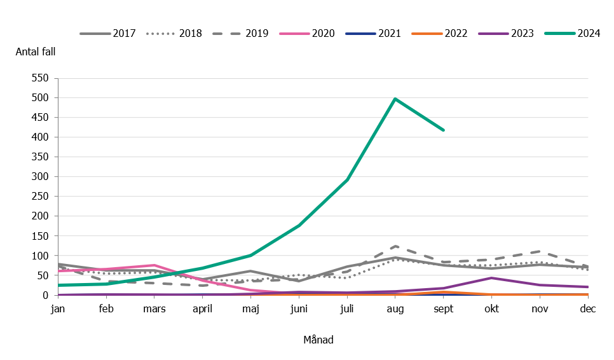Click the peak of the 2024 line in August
[395, 99]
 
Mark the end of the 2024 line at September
[444, 130]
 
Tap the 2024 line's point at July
[347, 179]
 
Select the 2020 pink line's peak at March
[154, 265]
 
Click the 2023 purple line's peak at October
[491, 278]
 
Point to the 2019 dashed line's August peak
[395, 246]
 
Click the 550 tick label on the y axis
[39, 78]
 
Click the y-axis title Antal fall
[36, 52]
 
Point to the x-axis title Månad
[318, 340]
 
